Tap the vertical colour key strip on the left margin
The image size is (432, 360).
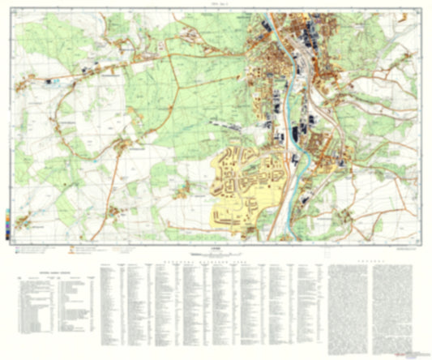click(x=6, y=222)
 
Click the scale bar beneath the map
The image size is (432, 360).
click(x=216, y=257)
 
